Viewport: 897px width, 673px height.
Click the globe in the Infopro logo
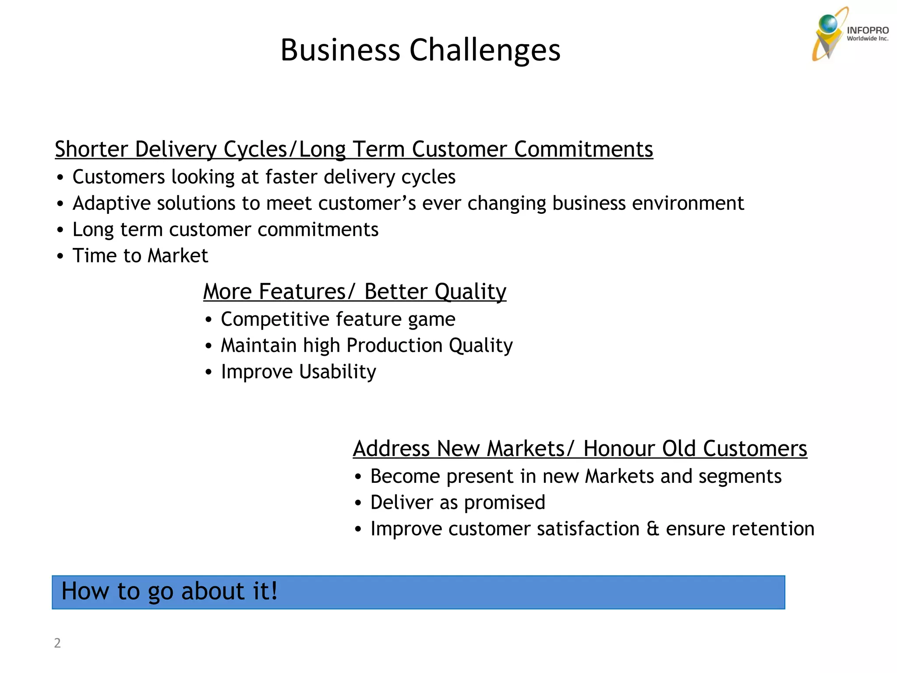pos(828,24)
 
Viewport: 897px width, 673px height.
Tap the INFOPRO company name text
pos(867,30)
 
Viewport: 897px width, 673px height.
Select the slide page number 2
pos(57,643)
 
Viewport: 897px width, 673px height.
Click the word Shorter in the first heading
pos(91,149)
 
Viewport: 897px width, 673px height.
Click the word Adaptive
pos(111,203)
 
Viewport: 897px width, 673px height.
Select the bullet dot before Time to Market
pos(60,256)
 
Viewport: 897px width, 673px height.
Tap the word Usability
pos(337,372)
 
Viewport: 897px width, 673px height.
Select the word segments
pos(740,476)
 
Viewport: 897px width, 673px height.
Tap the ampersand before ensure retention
pos(653,529)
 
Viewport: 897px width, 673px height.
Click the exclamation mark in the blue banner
pos(274,591)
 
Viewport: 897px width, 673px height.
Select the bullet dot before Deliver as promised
pos(358,503)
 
